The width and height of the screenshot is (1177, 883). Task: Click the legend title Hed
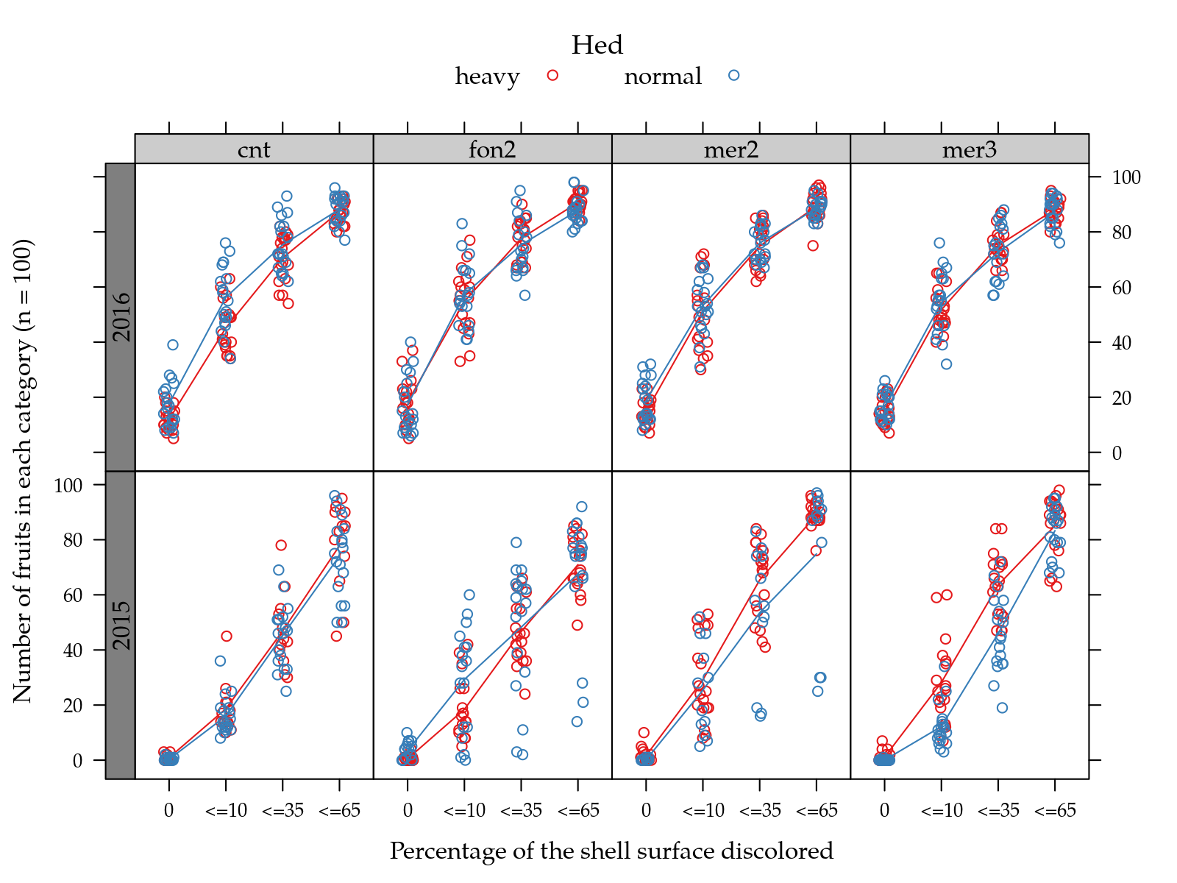pos(597,46)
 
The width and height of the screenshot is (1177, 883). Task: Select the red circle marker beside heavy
pos(553,75)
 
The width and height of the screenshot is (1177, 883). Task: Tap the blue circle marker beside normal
pos(733,75)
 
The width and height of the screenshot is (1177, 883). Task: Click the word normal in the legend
pos(663,77)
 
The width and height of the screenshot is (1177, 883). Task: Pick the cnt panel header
pos(254,149)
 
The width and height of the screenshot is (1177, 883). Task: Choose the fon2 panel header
pos(492,149)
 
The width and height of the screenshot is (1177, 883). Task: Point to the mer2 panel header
pos(730,149)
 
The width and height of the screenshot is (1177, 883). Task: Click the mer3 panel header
pos(969,149)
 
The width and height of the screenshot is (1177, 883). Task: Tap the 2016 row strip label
pos(121,317)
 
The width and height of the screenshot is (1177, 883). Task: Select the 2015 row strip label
pos(121,625)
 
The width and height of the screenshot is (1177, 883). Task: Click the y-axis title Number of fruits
pos(23,471)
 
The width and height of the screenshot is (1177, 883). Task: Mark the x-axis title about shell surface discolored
pos(611,851)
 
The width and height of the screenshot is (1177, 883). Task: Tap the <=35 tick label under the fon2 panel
pos(521,811)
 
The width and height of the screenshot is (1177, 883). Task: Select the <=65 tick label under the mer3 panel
pos(1055,811)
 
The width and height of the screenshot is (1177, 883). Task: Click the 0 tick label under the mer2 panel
pos(646,811)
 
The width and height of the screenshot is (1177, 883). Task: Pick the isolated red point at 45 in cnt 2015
pos(227,636)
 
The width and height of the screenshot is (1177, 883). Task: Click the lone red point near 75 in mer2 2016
pos(813,246)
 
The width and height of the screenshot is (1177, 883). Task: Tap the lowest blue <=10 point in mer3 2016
pos(946,364)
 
